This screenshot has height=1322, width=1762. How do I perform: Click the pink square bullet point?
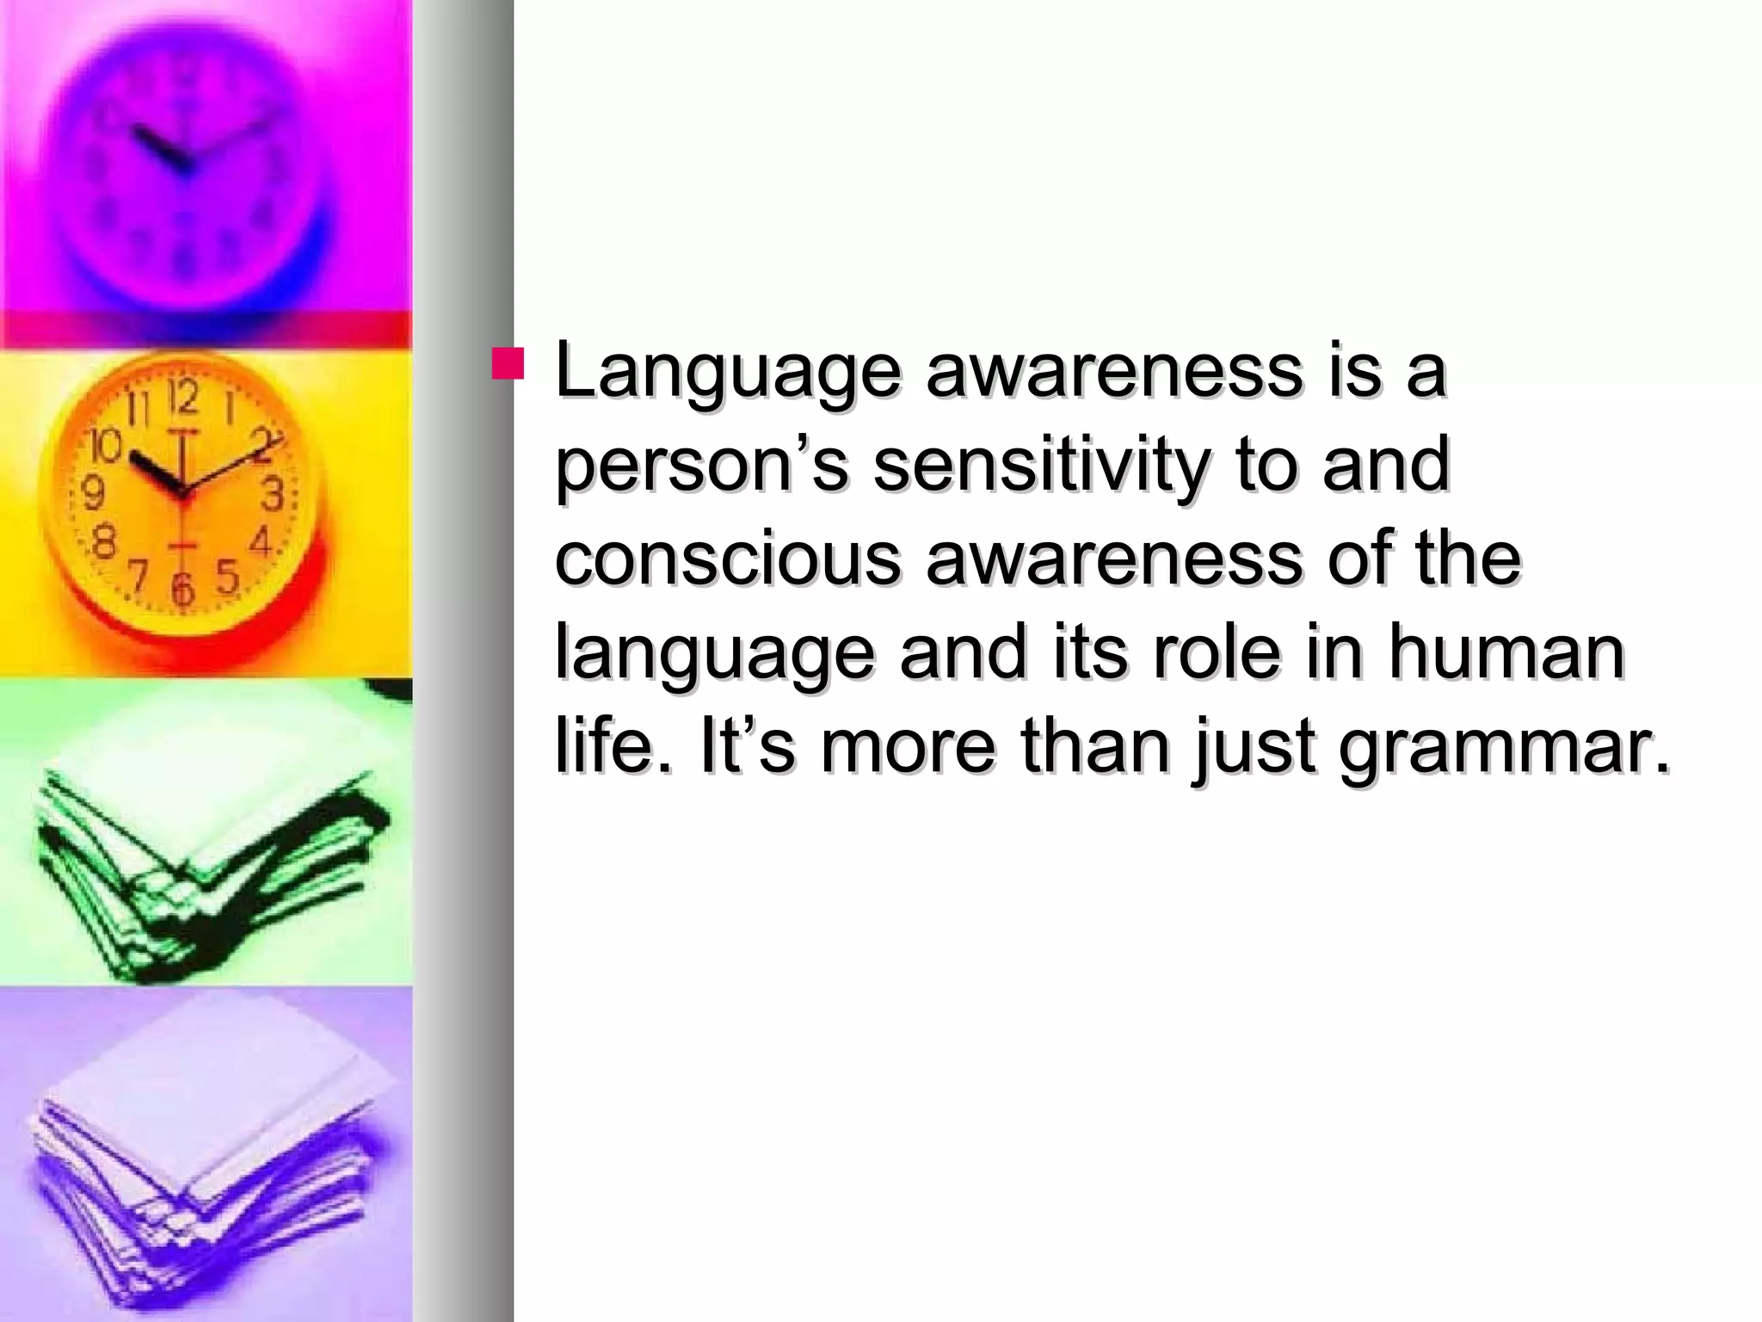tap(507, 363)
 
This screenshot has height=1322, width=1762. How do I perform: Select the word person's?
tap(702, 466)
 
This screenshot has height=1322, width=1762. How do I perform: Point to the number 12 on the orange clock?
tap(182, 398)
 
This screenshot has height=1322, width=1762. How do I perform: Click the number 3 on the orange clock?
tap(273, 495)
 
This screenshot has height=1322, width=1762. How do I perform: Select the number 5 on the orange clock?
tap(227, 576)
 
